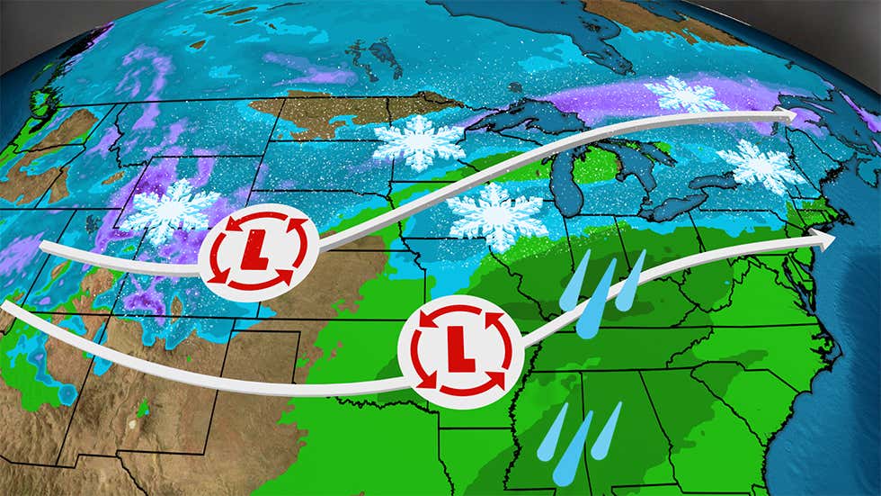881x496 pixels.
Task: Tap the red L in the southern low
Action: click(460, 347)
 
